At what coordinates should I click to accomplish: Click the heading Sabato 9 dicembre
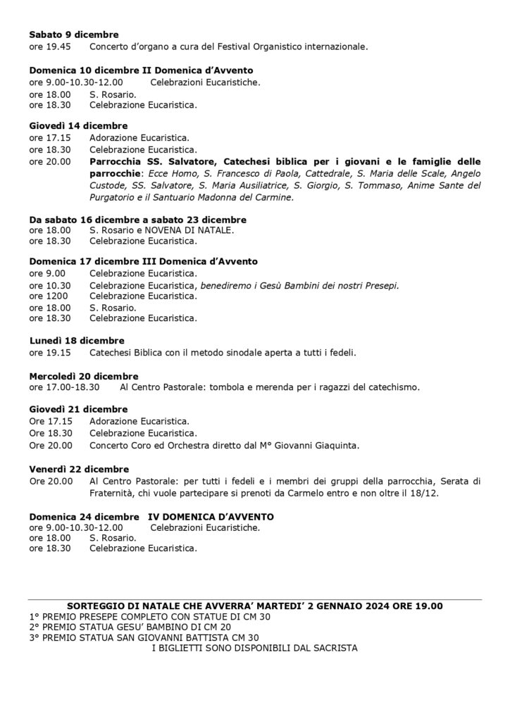pos(74,35)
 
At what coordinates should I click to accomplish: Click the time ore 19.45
pos(49,46)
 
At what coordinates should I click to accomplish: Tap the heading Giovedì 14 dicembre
pos(78,126)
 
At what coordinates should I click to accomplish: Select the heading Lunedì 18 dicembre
pos(77,341)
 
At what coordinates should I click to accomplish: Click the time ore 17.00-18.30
pos(65,387)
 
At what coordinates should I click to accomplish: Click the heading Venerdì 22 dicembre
pos(79,470)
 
